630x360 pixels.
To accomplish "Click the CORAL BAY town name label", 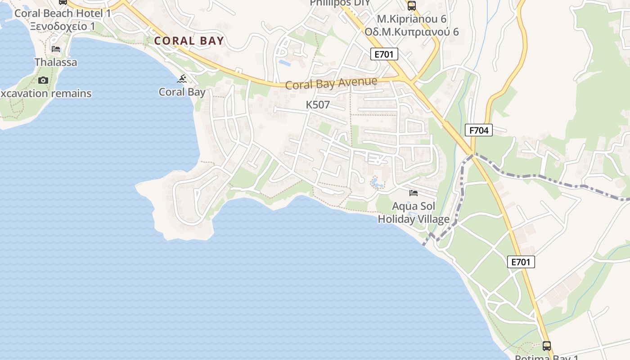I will (x=189, y=41).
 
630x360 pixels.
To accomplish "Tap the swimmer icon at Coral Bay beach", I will (x=182, y=80).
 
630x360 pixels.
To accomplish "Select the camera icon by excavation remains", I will (x=43, y=80).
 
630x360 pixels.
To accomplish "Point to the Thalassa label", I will (x=56, y=62).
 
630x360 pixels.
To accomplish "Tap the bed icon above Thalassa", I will (x=56, y=49).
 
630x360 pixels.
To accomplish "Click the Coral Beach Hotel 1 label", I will (x=63, y=13).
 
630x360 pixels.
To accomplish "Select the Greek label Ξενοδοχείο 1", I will (x=63, y=26).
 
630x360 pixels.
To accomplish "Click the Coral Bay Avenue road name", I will (x=331, y=83).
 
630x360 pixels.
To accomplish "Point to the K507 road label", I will (x=318, y=105).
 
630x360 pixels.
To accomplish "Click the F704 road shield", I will (x=479, y=130).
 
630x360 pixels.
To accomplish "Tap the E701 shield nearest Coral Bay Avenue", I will (x=384, y=54).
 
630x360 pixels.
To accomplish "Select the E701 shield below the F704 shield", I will (x=521, y=262).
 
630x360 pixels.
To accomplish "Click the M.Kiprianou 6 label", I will (x=412, y=19).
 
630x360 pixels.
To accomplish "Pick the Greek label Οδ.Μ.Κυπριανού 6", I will (x=412, y=31).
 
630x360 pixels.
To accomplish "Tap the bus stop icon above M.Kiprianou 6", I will (x=412, y=5).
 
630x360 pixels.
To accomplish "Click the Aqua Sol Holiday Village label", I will (x=414, y=213).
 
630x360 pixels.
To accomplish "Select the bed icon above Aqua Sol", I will (x=414, y=193).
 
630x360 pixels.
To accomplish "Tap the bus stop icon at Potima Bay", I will (x=547, y=346).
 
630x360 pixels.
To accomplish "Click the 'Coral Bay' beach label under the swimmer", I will (x=182, y=92).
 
